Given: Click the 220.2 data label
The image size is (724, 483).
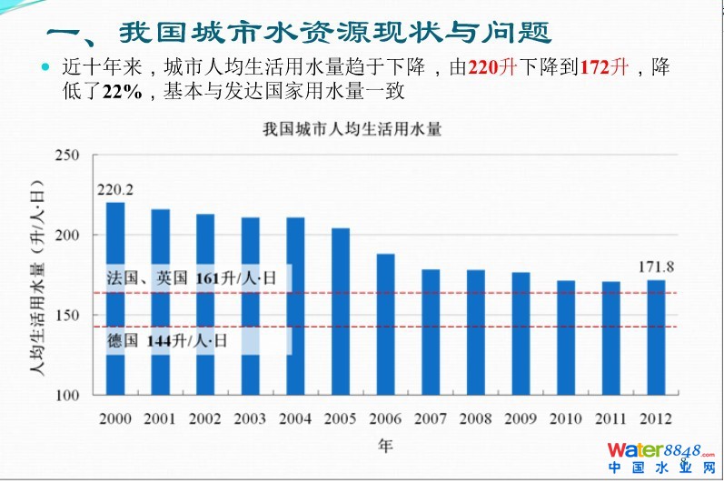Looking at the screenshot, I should tap(115, 190).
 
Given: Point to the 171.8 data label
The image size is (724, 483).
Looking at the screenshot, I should tap(655, 267).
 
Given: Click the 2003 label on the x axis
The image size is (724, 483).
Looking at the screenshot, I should tap(251, 419).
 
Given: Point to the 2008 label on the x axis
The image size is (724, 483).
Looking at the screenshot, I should tap(476, 419).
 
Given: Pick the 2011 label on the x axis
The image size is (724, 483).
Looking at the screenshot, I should tap(610, 419).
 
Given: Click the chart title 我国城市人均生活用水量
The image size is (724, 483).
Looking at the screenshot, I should tap(352, 129).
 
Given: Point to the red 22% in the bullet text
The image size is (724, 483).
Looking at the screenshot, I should tap(128, 91).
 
